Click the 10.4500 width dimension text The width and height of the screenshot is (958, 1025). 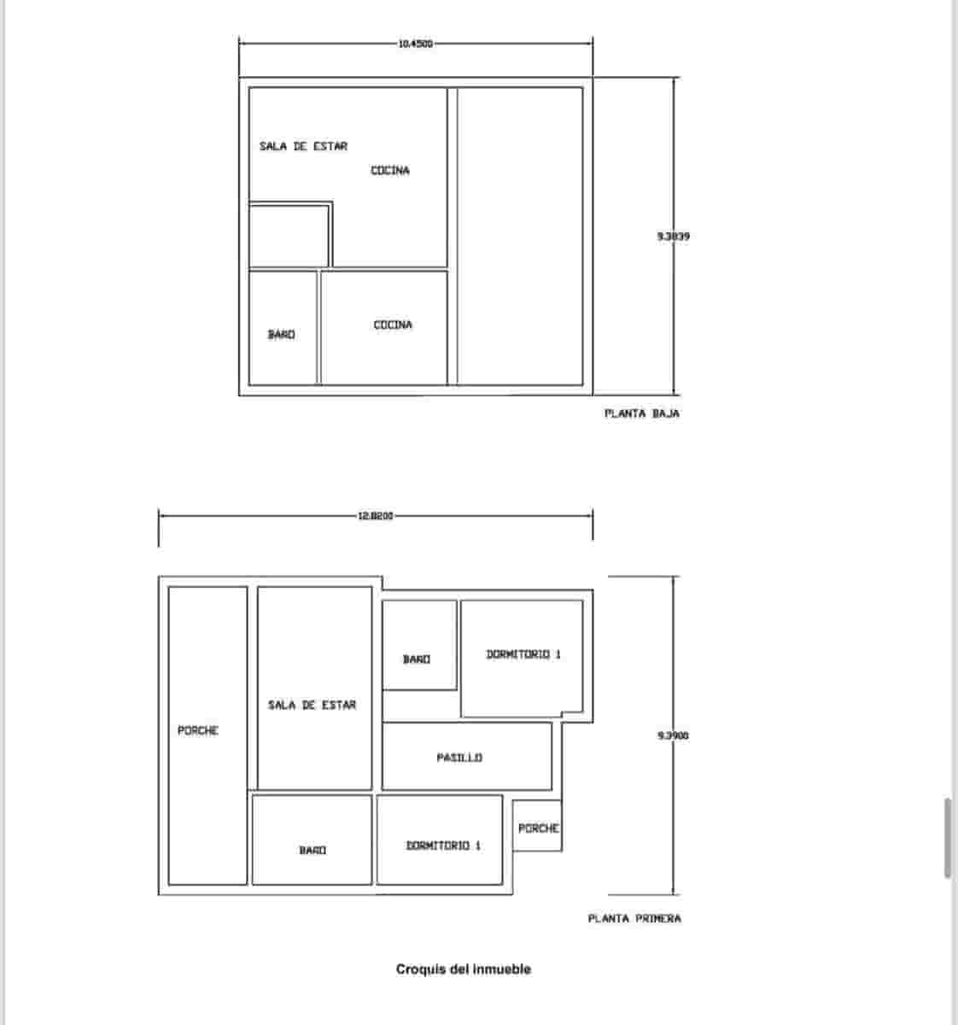(x=415, y=44)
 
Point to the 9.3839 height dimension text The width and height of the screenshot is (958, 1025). (x=674, y=237)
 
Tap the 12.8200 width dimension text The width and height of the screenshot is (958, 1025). (x=376, y=516)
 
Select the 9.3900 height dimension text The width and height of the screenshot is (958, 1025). (x=673, y=735)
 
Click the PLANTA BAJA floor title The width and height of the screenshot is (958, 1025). (x=641, y=413)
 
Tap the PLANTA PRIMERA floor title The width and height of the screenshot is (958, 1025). (x=634, y=919)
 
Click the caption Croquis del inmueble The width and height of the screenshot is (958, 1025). (x=463, y=969)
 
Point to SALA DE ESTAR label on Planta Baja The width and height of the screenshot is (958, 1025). (x=303, y=147)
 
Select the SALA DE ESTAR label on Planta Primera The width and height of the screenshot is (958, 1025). (x=312, y=705)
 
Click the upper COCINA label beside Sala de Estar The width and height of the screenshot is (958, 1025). (x=389, y=171)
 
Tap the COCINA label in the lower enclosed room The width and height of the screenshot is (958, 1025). (x=393, y=325)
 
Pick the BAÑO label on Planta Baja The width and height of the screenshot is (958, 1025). (x=281, y=335)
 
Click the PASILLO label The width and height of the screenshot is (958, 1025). (x=459, y=758)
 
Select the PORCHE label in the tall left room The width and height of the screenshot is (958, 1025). (x=198, y=731)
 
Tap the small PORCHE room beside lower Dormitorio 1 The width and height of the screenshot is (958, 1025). (x=538, y=828)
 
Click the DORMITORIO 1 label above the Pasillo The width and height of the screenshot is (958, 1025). (x=523, y=654)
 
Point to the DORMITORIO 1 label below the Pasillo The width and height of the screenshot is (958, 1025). (x=442, y=846)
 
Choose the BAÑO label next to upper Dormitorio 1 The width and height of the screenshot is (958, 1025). (x=417, y=659)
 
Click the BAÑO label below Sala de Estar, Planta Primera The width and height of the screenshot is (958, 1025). (x=313, y=851)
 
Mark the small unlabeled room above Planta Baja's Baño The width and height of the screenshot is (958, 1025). (x=289, y=236)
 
